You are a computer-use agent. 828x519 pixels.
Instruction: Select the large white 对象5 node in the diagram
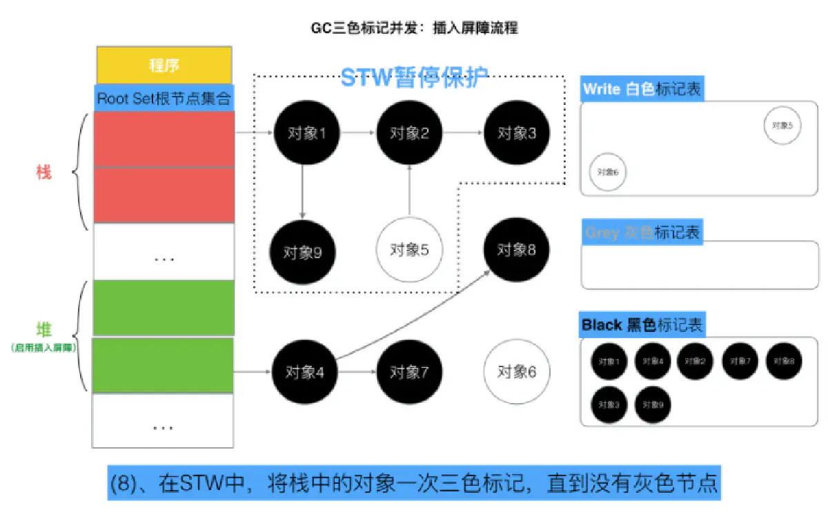click(409, 249)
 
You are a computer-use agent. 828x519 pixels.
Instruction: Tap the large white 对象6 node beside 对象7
click(517, 372)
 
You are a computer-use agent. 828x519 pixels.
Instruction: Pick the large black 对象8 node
click(517, 249)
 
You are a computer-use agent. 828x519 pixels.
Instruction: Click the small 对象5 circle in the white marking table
click(782, 126)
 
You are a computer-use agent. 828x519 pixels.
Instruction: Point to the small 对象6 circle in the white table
click(607, 172)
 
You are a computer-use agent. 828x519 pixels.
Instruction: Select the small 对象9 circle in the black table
click(652, 405)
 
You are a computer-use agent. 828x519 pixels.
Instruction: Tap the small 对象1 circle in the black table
click(608, 361)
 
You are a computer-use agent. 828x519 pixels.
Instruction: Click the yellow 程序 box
click(164, 66)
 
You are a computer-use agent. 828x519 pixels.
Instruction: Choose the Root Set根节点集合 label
click(164, 97)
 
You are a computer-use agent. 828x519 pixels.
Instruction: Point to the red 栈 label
click(43, 173)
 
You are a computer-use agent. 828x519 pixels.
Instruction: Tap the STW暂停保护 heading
click(415, 77)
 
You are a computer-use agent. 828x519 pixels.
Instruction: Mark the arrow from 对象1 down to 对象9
click(302, 190)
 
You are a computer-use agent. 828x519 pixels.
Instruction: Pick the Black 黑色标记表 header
click(642, 324)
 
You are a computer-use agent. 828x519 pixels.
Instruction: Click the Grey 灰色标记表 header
click(642, 233)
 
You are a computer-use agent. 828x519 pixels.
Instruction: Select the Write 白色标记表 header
click(642, 89)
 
